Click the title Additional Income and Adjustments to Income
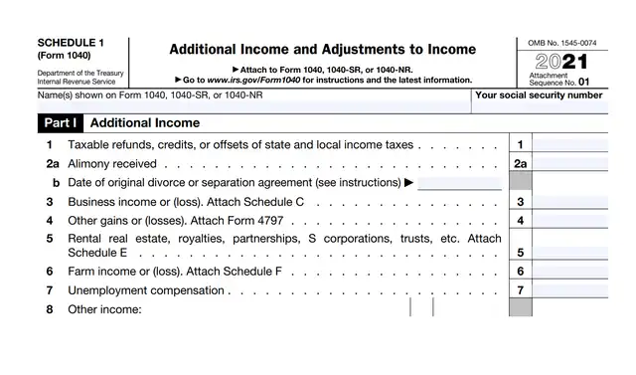323,49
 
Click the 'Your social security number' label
539,95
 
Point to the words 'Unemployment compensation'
146,290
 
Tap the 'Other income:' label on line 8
105,309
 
